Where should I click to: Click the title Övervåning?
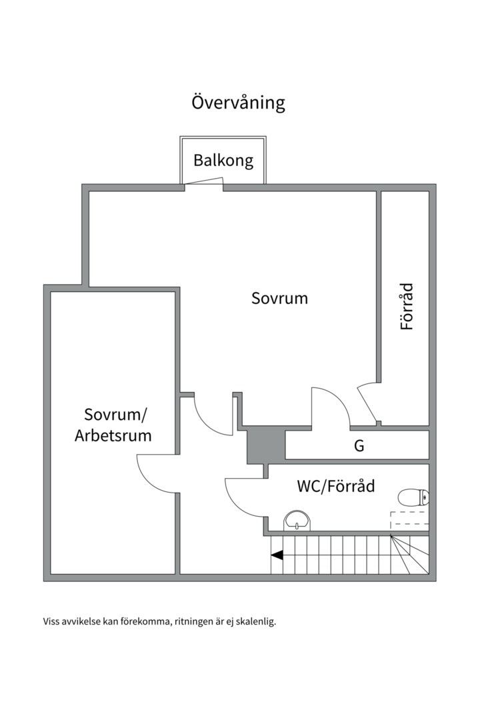[239, 103]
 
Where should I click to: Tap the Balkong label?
[223, 160]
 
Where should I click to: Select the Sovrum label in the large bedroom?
[279, 298]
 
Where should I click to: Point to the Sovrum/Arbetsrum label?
[113, 425]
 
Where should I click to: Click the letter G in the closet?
[359, 446]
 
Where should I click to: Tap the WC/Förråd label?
[335, 486]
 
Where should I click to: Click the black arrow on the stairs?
[277, 554]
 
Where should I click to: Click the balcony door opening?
[204, 183]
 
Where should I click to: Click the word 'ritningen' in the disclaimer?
[195, 622]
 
